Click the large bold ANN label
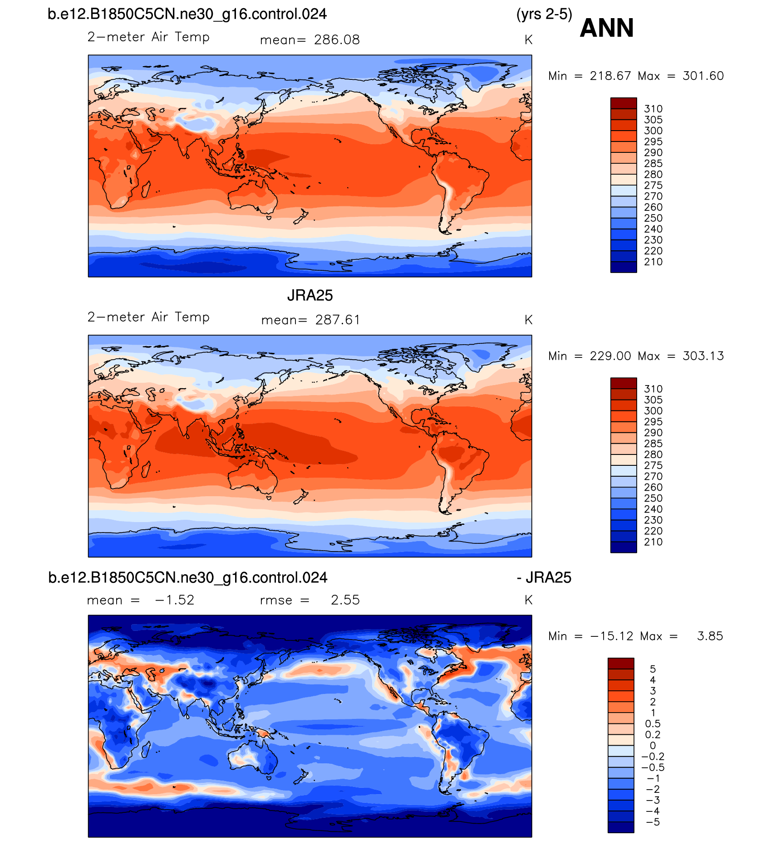606,28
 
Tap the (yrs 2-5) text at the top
544,15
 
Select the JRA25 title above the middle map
310,296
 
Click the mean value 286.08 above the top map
337,40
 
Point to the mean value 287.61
338,320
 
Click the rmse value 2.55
345,600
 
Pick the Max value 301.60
703,76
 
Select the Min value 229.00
610,356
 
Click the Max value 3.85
710,636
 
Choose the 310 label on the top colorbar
653,109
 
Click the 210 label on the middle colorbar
653,542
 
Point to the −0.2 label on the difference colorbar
653,757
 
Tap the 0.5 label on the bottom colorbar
653,724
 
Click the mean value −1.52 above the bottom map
175,600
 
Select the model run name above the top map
187,15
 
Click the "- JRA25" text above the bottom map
544,578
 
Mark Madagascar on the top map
146,190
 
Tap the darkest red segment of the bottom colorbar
621,663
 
